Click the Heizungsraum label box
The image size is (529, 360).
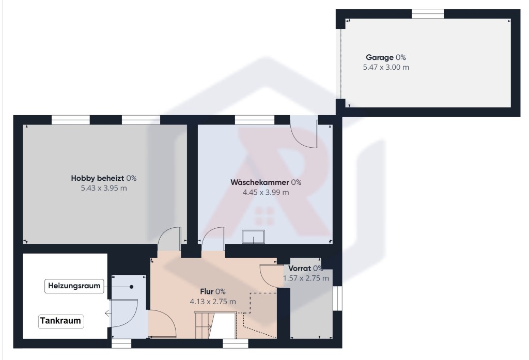click(x=74, y=286)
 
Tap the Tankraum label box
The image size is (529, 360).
click(x=61, y=321)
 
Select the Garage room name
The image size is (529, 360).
click(x=380, y=57)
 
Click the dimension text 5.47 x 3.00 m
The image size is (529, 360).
click(x=386, y=67)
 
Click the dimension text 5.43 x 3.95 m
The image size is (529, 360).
click(x=104, y=189)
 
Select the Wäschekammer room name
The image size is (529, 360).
click(x=259, y=182)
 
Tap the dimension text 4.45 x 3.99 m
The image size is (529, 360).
click(x=266, y=192)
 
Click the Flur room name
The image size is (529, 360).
click(x=207, y=291)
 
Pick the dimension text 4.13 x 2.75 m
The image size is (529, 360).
click(x=213, y=302)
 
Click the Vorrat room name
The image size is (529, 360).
click(x=299, y=269)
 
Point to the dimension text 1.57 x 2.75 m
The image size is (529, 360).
click(x=306, y=278)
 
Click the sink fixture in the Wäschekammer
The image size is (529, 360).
click(x=253, y=237)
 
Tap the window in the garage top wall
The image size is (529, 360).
click(x=427, y=14)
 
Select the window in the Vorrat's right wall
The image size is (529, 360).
click(x=337, y=298)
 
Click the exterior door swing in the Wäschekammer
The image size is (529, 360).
click(x=304, y=132)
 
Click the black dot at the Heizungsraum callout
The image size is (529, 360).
click(x=132, y=287)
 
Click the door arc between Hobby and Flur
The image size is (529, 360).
click(x=169, y=239)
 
